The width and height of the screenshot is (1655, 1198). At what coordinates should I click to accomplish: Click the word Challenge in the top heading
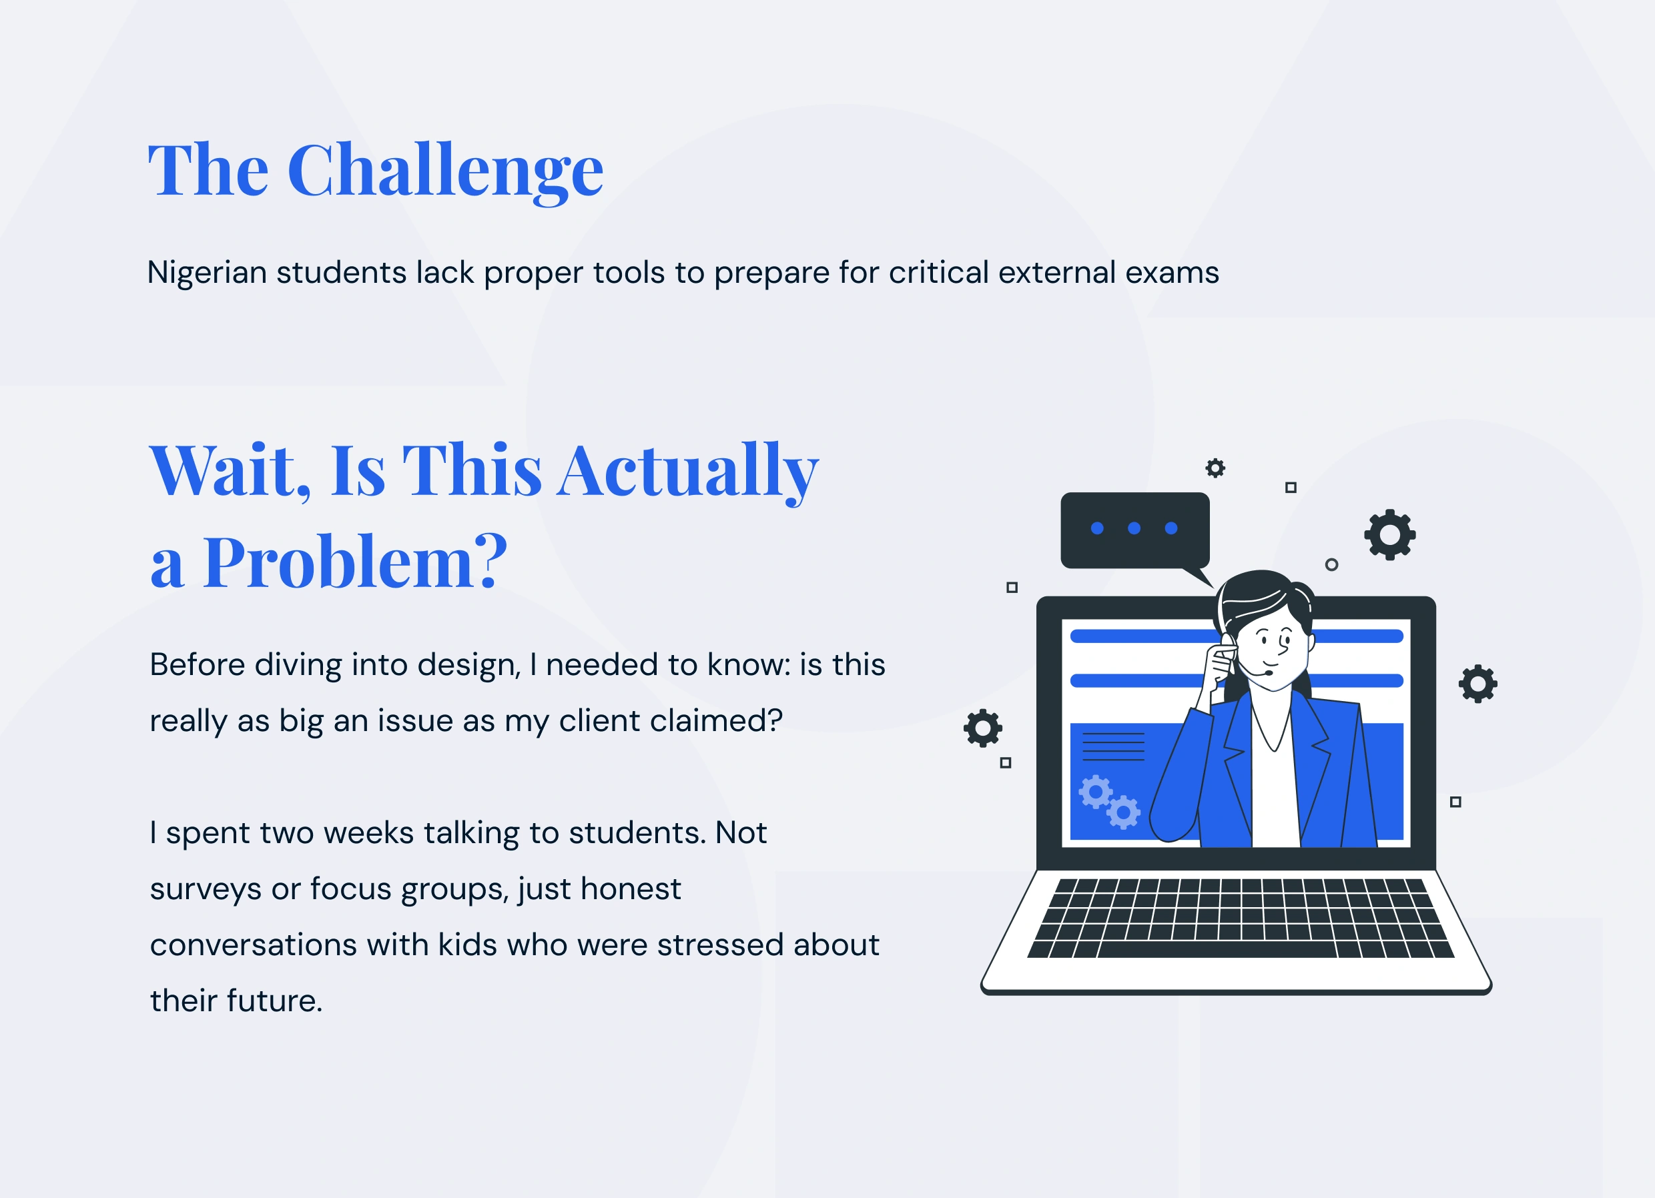click(x=446, y=171)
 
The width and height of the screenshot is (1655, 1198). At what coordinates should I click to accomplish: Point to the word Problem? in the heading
click(x=354, y=561)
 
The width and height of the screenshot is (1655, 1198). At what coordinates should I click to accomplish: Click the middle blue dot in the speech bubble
click(x=1134, y=528)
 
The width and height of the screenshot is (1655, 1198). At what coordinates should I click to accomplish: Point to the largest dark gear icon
click(x=1389, y=535)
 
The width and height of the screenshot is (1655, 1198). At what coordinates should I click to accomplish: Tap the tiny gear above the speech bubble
click(x=1215, y=468)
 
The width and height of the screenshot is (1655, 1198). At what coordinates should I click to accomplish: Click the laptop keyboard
click(x=1241, y=918)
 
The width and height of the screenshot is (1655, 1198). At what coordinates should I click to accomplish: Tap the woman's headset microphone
click(x=1268, y=672)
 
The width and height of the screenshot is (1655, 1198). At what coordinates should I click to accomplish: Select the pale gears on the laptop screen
click(x=1109, y=802)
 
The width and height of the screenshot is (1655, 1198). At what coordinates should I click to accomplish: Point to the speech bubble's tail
click(x=1197, y=576)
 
